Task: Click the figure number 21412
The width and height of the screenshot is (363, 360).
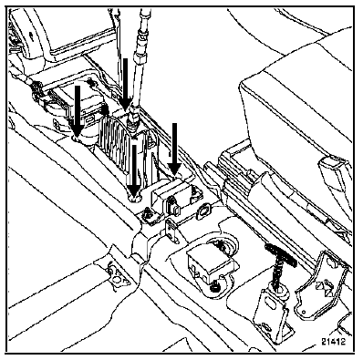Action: point(334,342)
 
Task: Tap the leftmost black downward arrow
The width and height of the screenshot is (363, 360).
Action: point(78,111)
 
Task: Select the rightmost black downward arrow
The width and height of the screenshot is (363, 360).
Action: point(174,149)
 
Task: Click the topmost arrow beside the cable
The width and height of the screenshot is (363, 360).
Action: point(125,84)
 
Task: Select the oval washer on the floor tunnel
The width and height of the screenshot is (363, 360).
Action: point(203,211)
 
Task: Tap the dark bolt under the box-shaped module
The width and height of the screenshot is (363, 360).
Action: point(214,285)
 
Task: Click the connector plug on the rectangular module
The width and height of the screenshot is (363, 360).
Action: point(173,206)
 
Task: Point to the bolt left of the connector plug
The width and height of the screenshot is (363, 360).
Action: point(148,213)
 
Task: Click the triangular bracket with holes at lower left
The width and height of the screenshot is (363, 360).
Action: point(118,274)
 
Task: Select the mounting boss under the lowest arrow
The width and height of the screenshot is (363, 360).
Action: point(135,199)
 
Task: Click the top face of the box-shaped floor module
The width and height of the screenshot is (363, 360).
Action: point(208,254)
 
